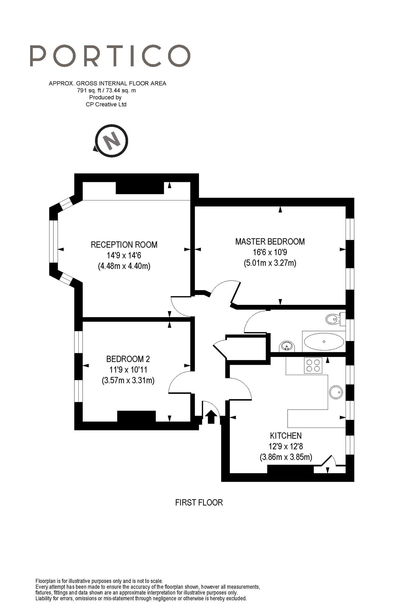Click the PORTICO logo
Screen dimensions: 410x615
pos(110,56)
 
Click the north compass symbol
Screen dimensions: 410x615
pos(111,141)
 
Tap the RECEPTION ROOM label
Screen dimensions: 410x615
pos(124,245)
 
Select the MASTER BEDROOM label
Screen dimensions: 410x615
pos(270,242)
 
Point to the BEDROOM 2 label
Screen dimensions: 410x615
pos(128,359)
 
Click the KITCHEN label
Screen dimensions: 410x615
pos(286,436)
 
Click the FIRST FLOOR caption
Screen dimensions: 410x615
pos(199,502)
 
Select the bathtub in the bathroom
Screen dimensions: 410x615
pos(324,342)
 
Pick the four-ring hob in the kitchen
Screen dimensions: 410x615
pos(313,365)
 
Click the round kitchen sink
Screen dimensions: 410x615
pos(336,392)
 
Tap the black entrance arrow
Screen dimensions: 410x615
pos(211,417)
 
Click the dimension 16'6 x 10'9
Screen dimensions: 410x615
pos(270,252)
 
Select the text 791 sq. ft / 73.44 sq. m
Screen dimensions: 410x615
pos(106,91)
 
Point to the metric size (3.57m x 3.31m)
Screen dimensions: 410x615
pos(128,380)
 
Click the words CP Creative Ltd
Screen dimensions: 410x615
pos(106,104)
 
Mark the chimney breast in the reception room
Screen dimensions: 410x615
pos(140,188)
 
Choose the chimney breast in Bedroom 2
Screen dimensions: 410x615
pos(136,416)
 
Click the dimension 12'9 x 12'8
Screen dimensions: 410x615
pos(286,446)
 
